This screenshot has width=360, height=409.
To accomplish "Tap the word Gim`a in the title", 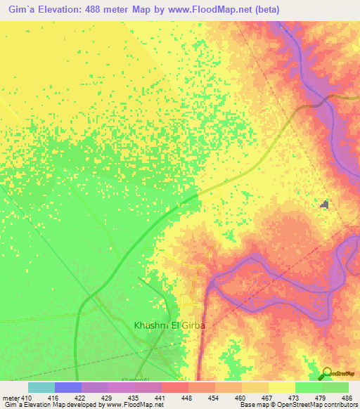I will pyautogui.click(x=16, y=9).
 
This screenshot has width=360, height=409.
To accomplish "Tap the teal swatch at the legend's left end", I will pyautogui.click(x=41, y=387).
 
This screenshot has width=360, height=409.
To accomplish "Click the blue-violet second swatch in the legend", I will pyautogui.click(x=67, y=387).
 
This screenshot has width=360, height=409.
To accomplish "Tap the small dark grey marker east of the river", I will pyautogui.click(x=324, y=204).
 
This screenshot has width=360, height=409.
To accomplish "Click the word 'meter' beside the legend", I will pyautogui.click(x=8, y=398).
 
